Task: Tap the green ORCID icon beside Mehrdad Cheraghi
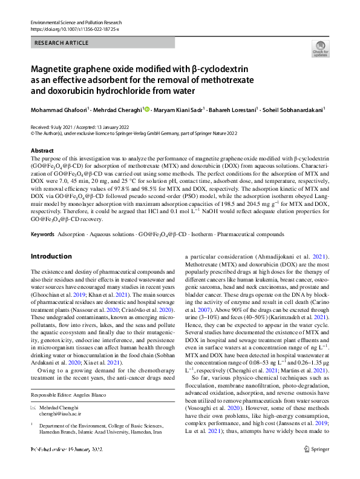[x=148, y=109]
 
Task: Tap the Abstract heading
[x=42, y=150]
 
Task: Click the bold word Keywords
[x=42, y=234]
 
